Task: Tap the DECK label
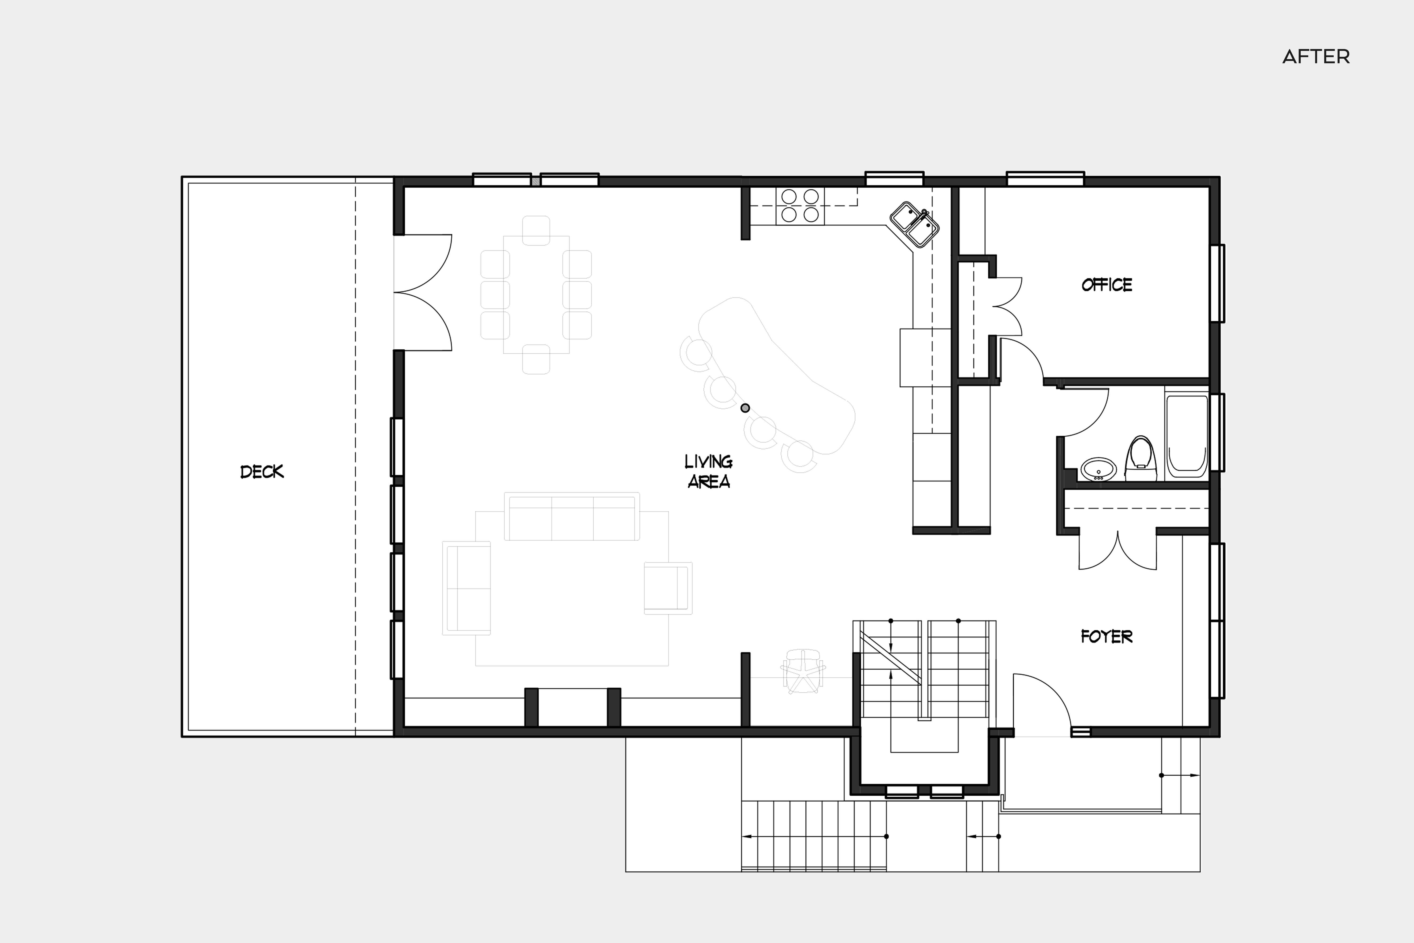(262, 471)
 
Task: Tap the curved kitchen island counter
(781, 373)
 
